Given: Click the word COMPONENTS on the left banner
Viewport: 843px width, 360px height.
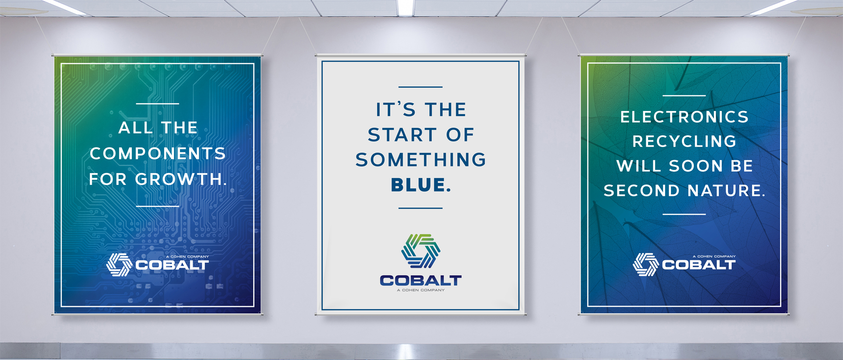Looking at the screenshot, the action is tap(158, 154).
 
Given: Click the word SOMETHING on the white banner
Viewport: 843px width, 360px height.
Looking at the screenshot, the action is tap(421, 160).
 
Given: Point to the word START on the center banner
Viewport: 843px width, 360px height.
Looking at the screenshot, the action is tap(402, 135).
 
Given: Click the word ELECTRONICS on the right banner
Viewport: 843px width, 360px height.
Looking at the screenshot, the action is tap(684, 117).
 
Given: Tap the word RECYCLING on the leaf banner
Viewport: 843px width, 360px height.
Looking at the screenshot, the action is tap(684, 141).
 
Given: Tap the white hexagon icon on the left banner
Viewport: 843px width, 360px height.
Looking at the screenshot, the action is tap(119, 265).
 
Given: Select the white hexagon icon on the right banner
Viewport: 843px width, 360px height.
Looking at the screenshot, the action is tap(645, 264).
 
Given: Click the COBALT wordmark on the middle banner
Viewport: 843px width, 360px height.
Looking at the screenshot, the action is tap(421, 281).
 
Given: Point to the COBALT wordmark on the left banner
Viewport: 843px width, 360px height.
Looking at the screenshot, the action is tap(172, 265).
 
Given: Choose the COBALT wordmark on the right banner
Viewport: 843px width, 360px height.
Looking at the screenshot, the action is tap(699, 265).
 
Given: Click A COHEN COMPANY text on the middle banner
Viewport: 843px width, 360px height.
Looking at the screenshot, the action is tap(421, 290).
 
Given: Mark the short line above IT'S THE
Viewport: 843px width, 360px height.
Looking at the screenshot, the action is tap(420, 87).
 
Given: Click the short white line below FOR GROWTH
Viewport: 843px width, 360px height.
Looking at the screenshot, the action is tap(158, 206).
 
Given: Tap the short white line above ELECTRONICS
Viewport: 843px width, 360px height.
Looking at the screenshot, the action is tap(684, 95).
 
